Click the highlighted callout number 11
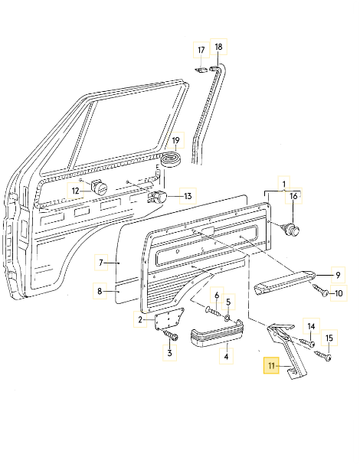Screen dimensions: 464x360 270,367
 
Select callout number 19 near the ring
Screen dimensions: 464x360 175,141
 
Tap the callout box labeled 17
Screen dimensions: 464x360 201,51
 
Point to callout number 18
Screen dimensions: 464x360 218,47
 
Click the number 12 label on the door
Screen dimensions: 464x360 76,191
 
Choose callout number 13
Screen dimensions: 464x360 188,196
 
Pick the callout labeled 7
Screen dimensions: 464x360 100,263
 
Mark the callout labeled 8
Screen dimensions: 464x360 100,291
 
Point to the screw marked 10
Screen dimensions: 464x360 320,291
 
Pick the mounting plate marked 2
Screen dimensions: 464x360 164,322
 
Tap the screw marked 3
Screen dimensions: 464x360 172,338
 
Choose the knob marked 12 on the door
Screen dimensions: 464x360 99,187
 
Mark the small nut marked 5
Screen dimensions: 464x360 227,318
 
